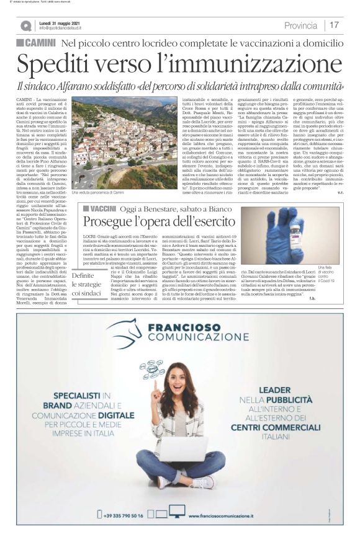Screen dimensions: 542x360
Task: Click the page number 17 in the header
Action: coord(334,25)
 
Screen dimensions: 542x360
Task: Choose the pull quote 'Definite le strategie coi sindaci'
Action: coord(86,284)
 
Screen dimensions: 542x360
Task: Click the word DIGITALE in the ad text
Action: coord(101,410)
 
